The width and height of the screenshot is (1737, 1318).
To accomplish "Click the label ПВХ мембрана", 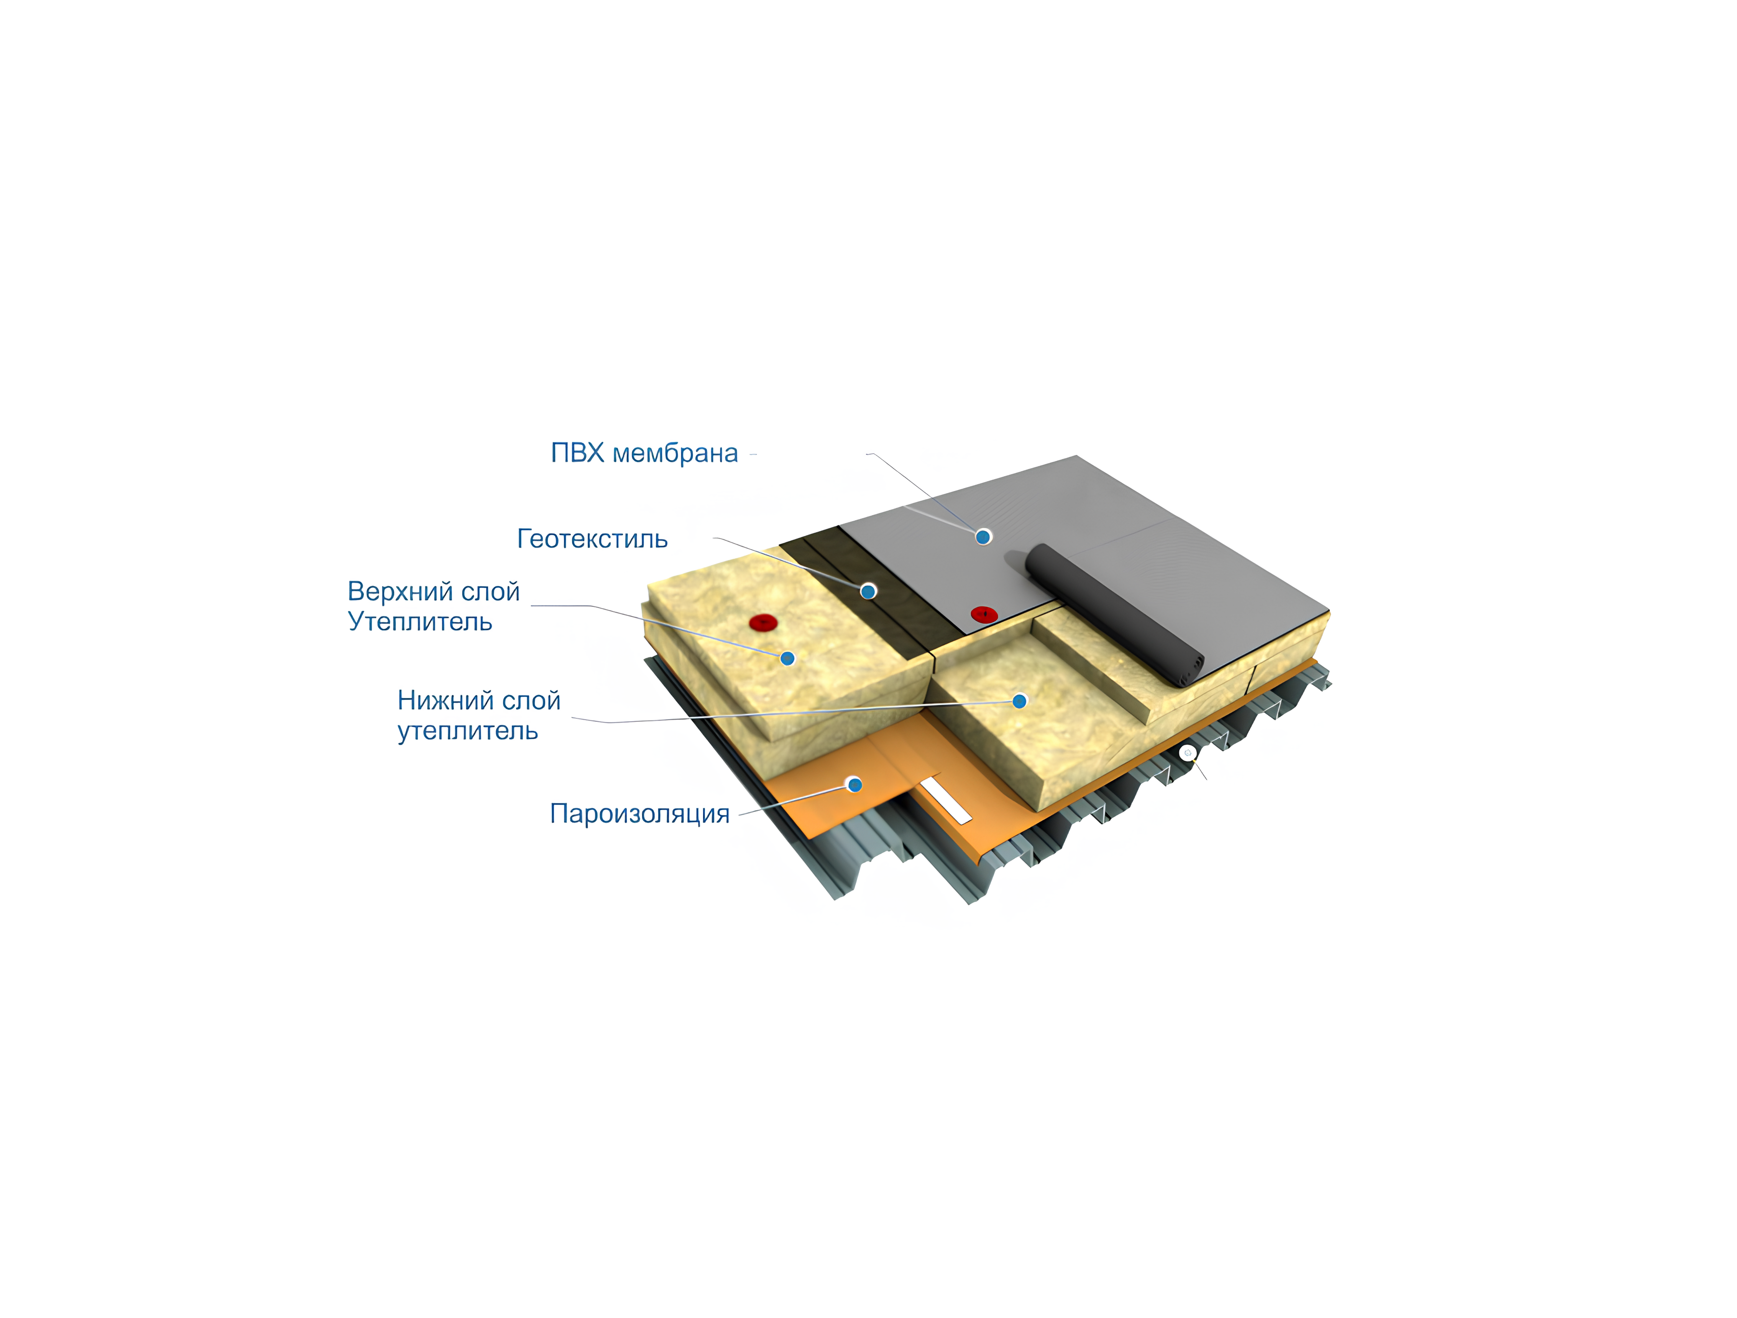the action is coord(644,454).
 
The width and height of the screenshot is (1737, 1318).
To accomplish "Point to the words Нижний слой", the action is coord(479,700).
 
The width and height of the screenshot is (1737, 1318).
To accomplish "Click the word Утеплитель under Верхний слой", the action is coord(420,622).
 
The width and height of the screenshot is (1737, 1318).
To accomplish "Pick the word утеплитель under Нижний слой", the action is coord(468,731).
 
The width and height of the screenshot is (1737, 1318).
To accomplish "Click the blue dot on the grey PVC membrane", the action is coord(983,537).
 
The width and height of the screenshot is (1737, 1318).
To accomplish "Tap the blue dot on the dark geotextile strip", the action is coord(868,591).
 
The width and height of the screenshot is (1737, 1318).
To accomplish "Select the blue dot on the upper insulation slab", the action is coord(788,658).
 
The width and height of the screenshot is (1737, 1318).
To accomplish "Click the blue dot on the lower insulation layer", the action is coord(1019,701).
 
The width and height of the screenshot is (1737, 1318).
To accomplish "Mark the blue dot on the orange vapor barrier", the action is coord(855,784).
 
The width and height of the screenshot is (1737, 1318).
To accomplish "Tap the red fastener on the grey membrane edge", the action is coord(984,614).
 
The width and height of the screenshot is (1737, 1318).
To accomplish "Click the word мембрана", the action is coord(675,454).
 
